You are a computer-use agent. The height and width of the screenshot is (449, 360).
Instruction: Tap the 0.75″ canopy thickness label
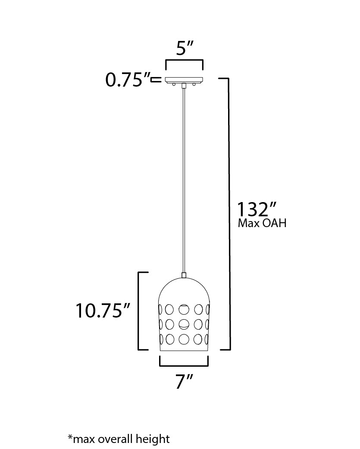click(128, 80)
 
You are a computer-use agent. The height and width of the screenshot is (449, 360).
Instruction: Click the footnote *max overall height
click(119, 439)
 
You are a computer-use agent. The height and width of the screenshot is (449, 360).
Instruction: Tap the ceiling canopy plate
click(184, 79)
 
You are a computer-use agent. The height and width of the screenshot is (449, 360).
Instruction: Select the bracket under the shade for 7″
click(184, 365)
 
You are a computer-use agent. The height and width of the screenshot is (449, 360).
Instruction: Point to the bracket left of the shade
click(139, 310)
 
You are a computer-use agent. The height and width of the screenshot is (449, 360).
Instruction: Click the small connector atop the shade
click(184, 274)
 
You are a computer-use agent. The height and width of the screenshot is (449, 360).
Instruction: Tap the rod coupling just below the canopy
click(184, 86)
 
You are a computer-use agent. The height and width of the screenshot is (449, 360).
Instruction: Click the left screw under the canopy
click(174, 84)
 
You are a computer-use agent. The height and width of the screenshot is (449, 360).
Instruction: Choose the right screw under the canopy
click(194, 84)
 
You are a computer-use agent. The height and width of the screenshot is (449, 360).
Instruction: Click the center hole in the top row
click(184, 309)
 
